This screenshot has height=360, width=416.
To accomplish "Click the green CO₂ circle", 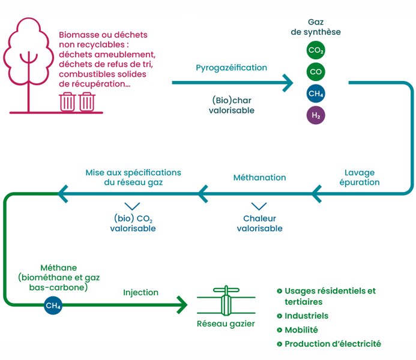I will click(x=316, y=50).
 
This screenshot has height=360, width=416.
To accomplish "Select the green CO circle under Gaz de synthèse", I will click(x=316, y=72).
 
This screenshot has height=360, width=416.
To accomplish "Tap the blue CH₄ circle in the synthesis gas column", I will click(x=316, y=94).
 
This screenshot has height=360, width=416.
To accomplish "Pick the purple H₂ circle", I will click(x=316, y=115).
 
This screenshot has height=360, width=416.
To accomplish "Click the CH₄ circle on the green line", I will click(x=53, y=306).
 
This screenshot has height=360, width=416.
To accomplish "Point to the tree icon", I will click(x=26, y=60).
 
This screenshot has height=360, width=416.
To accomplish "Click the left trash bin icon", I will click(x=67, y=101).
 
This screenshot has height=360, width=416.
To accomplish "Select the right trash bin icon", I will click(x=87, y=101).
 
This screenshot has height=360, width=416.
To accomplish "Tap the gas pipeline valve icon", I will click(x=225, y=302).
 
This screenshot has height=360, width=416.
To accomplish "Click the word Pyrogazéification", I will click(x=231, y=68).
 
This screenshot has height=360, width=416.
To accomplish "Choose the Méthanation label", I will click(x=259, y=178).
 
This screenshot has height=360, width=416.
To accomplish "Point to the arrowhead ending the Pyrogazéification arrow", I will click(x=289, y=83).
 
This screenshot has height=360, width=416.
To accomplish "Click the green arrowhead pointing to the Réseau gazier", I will click(x=182, y=305).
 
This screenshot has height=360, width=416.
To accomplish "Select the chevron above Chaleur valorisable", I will click(x=259, y=207).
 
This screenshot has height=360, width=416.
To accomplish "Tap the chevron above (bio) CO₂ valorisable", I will click(x=132, y=207).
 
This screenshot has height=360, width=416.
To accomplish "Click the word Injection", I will click(x=140, y=293).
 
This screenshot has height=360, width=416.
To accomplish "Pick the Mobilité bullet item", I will click(x=301, y=330).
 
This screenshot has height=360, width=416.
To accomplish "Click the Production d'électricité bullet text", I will click(x=333, y=344).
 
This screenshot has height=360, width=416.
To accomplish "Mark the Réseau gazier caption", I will click(x=226, y=324).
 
